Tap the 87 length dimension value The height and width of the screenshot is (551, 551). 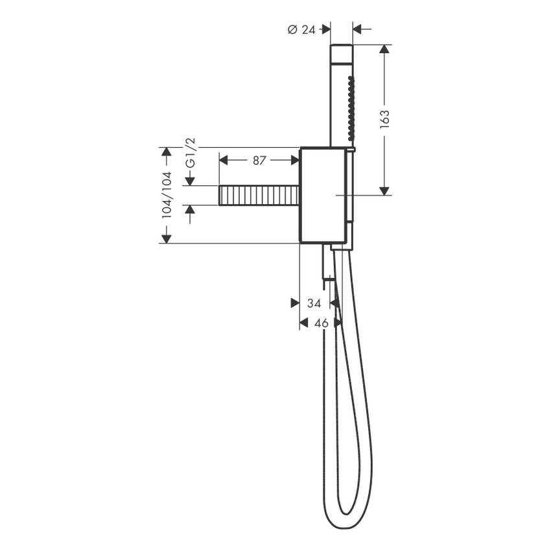(259, 160)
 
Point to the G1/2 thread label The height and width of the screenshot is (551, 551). (190, 153)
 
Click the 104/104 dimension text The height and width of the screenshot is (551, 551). (167, 194)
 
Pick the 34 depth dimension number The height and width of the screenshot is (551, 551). (314, 303)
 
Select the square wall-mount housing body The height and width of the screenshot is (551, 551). (322, 194)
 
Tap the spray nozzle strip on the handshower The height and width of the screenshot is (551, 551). (351, 109)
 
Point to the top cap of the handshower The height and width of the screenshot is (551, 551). (342, 54)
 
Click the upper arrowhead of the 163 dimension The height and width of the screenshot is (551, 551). (384, 49)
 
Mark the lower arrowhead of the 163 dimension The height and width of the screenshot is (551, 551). (384, 190)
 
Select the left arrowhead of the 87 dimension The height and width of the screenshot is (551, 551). (224, 160)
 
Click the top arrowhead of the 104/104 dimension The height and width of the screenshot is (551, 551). (167, 152)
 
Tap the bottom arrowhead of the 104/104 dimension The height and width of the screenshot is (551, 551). (167, 239)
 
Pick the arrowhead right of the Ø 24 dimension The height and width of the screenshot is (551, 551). (358, 29)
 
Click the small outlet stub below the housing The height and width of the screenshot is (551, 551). (328, 263)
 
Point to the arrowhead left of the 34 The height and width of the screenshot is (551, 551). (294, 303)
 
